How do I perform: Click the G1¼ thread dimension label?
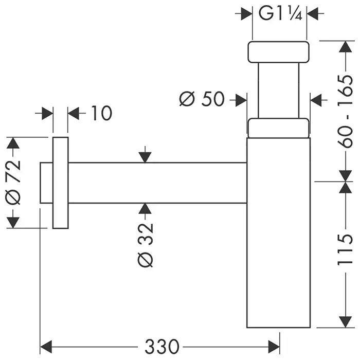point(279,13)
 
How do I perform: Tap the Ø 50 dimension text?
point(202,99)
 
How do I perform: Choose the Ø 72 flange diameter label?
point(14,183)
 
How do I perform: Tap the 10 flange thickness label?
point(101,113)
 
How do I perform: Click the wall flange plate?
point(60,183)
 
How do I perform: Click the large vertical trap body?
point(279,231)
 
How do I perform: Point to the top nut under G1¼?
point(279,52)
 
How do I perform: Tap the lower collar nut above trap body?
point(279,128)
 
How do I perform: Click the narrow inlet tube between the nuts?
point(279,90)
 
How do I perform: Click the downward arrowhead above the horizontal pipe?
point(146,156)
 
